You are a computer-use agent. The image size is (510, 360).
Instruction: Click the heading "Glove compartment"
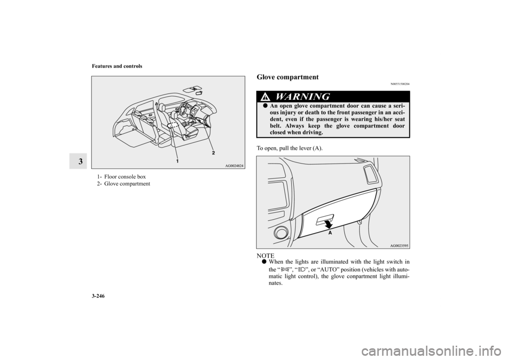[287, 77]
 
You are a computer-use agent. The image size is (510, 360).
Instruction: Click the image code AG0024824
[230, 166]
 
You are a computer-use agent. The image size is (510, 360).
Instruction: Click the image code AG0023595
[395, 246]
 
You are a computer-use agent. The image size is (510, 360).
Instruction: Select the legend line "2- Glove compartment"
[123, 183]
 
